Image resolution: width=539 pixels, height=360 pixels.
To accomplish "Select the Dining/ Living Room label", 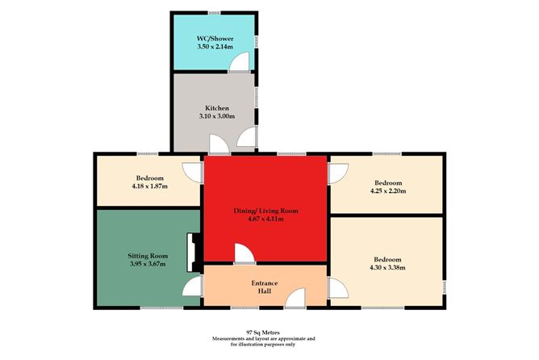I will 266,211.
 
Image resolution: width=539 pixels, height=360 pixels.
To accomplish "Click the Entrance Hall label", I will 266,284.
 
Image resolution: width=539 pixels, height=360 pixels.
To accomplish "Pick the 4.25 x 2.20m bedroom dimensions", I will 387,191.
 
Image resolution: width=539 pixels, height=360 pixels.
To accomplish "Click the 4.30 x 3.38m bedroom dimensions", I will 387,268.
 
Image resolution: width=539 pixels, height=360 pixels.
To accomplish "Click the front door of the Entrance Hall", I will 295,299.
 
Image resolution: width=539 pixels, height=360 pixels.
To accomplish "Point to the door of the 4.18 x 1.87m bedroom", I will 192,171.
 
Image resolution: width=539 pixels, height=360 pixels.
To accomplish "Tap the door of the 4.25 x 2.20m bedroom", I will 338,172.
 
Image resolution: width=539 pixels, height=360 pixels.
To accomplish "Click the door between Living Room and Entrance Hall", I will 244,255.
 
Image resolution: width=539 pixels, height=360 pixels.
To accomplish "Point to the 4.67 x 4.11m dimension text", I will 266,220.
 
